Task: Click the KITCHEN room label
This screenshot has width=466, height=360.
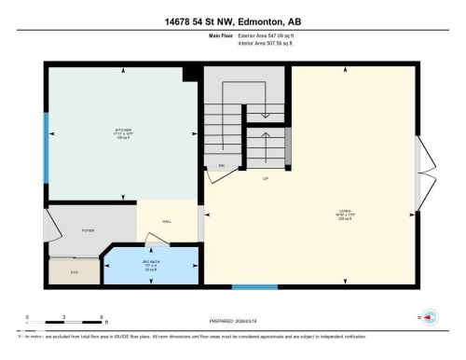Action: [123, 131]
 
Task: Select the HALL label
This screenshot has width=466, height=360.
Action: [167, 222]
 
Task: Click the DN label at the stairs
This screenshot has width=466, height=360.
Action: [222, 165]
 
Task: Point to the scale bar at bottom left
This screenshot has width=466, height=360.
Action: [63, 322]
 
